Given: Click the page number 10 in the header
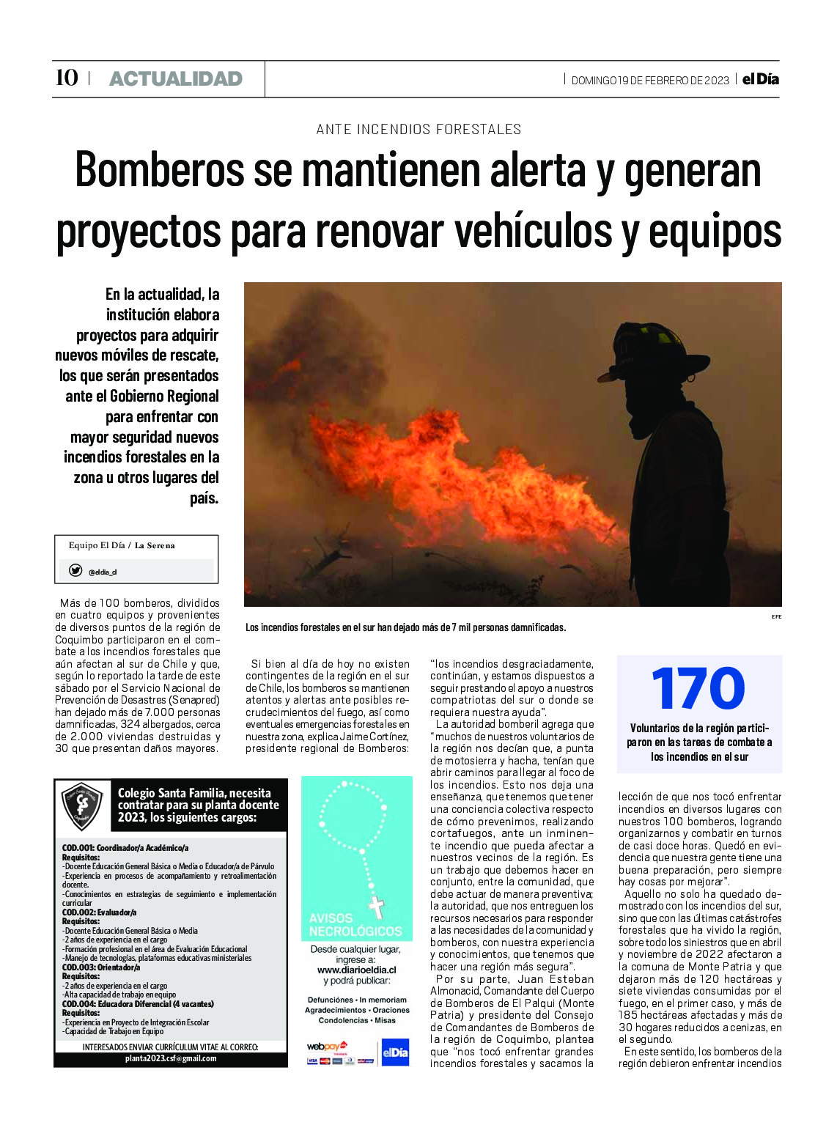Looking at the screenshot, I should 67,78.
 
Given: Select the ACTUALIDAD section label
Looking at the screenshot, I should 175,78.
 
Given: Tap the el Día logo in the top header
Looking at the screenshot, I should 760,78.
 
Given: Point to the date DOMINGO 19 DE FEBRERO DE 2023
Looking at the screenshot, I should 650,81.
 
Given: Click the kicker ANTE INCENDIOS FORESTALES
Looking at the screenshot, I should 418,130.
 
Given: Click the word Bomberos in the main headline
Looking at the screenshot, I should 160,170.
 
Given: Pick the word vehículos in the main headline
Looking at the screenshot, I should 533,232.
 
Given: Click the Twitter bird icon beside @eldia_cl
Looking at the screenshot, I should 75,570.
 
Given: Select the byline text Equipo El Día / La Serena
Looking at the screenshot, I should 122,545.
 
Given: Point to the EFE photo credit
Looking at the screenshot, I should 776,616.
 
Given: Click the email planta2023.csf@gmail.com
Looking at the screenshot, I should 170,1058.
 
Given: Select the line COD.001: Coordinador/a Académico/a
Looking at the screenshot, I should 125,848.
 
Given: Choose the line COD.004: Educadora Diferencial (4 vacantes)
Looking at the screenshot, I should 138,1004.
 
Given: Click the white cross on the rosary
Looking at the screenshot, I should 376,907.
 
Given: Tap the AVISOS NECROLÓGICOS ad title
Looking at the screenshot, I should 355,925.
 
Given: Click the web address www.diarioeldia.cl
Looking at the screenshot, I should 356,970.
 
